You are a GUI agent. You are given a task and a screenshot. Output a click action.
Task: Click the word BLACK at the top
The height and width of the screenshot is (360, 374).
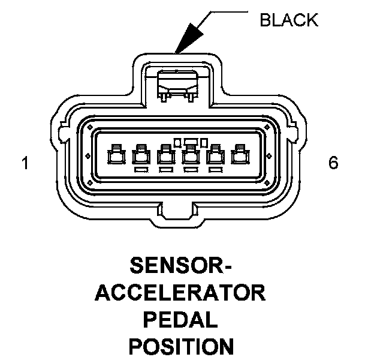coord(288,21)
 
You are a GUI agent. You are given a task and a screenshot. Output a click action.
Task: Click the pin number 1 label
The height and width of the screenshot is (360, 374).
coord(25,163)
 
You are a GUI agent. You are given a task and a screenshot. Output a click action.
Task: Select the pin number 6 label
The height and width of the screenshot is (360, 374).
coord(333,163)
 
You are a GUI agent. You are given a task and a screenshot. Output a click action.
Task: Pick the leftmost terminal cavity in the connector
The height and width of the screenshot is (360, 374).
coord(114,156)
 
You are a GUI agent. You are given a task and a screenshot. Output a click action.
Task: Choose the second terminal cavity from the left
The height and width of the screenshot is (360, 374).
coord(141,156)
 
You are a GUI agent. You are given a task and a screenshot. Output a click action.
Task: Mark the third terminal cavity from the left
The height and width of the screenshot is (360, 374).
coord(165,156)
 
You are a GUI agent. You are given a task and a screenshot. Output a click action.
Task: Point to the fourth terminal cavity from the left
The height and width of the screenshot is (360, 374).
coord(191,156)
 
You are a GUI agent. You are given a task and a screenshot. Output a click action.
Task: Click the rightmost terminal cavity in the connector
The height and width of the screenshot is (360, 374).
coord(241,156)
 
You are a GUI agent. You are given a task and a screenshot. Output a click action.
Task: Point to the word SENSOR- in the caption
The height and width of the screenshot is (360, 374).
coord(180,266)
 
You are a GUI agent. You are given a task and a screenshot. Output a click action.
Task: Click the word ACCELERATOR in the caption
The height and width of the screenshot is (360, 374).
coord(180,293)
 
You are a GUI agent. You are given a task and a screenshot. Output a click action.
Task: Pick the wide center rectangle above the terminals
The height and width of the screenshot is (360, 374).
coord(191,142)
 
